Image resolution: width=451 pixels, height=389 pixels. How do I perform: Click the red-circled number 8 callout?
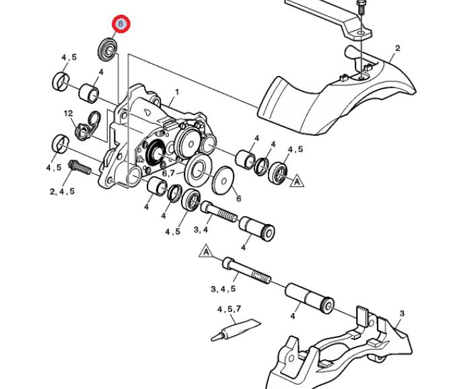point(120,24)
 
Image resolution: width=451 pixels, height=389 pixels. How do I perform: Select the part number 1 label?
point(176,92)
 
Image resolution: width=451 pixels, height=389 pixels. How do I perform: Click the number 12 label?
point(68,113)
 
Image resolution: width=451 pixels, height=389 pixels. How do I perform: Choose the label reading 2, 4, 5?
point(61,192)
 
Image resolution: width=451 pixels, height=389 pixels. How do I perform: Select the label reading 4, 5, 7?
point(230,310)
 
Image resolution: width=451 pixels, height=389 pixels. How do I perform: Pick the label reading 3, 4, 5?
point(223,289)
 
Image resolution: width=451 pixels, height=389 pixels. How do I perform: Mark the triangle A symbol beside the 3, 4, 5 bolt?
point(206,253)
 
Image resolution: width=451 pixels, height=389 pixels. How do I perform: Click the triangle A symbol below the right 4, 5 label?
point(295,180)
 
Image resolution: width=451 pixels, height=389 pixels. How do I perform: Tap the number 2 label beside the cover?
point(397,48)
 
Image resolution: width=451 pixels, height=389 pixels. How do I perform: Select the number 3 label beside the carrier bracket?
point(401,314)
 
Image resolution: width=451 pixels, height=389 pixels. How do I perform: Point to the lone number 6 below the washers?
point(238,199)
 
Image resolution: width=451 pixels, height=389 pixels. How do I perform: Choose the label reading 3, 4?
point(201,230)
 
